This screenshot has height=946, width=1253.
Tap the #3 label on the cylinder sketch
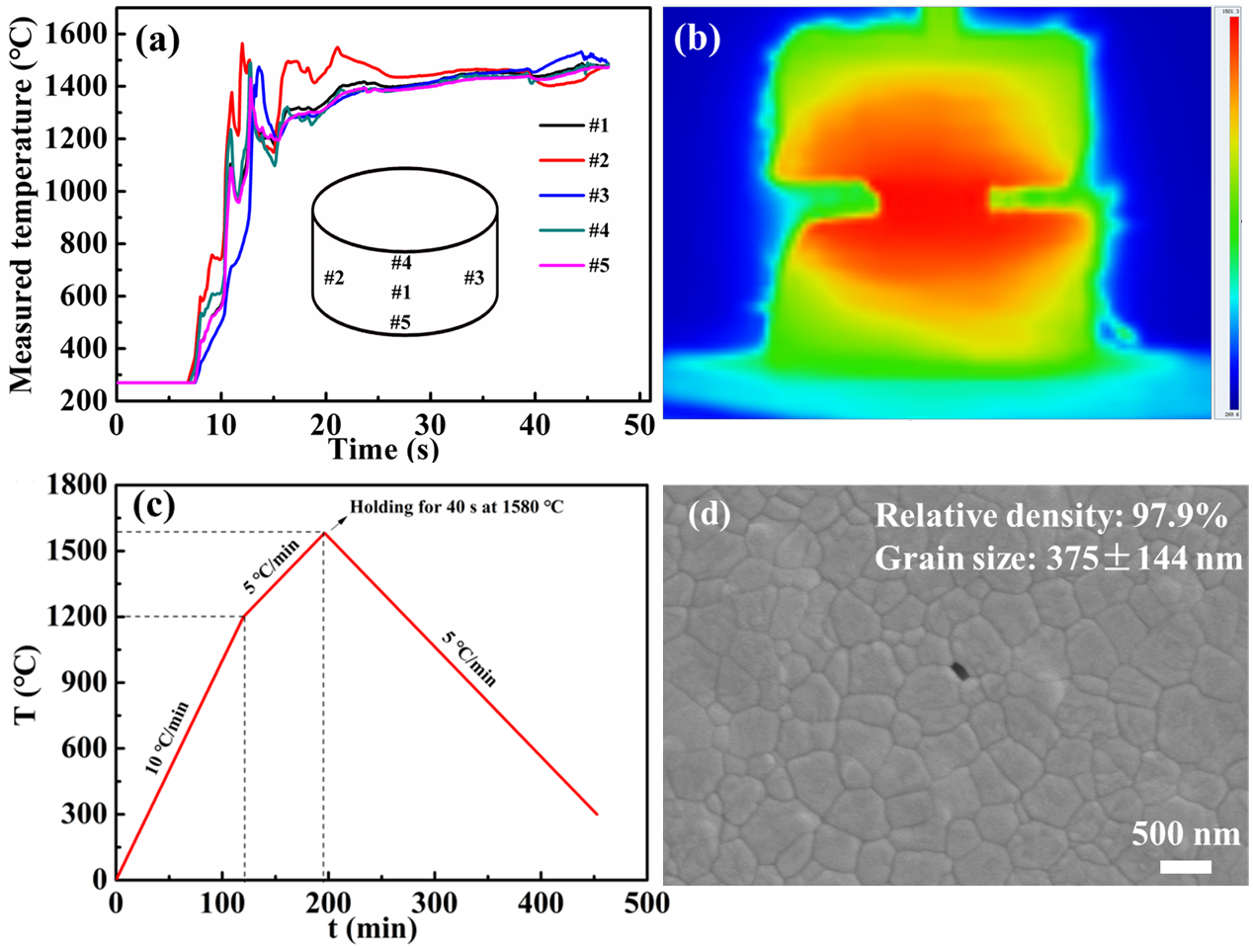474,278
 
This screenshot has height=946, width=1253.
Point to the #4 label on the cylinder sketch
400,263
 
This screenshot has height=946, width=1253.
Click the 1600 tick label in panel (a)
77,35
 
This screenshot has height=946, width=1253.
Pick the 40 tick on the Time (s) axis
535,425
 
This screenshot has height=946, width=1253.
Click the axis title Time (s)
383,450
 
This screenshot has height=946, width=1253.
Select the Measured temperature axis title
22,210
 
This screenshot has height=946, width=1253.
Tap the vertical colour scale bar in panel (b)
1234,213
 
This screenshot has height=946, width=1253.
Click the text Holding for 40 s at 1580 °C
457,507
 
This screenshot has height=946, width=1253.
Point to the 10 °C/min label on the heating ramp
167,737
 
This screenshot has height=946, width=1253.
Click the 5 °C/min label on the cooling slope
469,658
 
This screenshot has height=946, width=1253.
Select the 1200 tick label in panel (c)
77,617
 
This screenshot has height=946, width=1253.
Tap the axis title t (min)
373,928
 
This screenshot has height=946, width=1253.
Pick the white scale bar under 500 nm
1186,867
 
